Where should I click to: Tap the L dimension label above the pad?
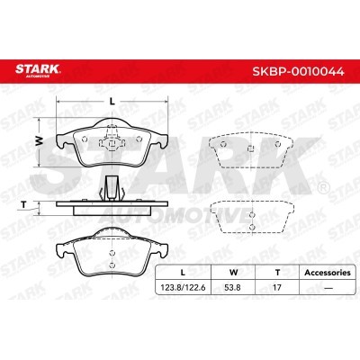tap(111, 102)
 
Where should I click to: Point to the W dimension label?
tap(38, 139)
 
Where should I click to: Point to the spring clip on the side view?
tap(112, 188)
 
